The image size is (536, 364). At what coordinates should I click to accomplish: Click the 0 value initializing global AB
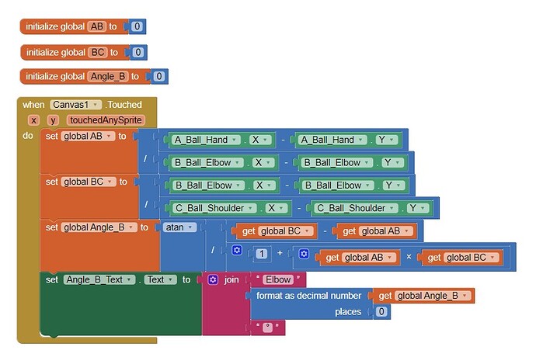[x=137, y=26]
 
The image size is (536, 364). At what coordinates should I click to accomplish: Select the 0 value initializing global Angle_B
[x=159, y=76]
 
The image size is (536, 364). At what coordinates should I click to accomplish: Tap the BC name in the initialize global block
[x=98, y=52]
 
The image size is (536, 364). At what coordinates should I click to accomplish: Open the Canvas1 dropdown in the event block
[x=76, y=105]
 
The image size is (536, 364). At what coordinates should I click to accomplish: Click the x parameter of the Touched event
[x=33, y=120]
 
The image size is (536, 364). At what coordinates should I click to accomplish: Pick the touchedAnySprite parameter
[x=106, y=120]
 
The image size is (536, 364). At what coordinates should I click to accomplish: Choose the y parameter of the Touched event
[x=53, y=120]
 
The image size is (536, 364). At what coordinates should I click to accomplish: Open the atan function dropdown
[x=179, y=227]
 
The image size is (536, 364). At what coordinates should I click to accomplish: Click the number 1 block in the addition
[x=262, y=253]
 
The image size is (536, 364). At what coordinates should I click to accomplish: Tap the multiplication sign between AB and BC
[x=409, y=257]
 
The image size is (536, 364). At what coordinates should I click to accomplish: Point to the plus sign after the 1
[x=280, y=253]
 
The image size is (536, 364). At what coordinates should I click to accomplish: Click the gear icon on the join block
[x=213, y=279]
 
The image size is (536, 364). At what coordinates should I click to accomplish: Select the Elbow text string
[x=278, y=279]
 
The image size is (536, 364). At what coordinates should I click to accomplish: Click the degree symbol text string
[x=268, y=327]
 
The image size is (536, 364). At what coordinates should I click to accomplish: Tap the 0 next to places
[x=381, y=311]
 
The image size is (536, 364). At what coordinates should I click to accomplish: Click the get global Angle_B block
[x=423, y=296]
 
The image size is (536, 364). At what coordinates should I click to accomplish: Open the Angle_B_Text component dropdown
[x=99, y=279]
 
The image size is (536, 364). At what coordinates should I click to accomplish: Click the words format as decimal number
[x=308, y=296]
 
